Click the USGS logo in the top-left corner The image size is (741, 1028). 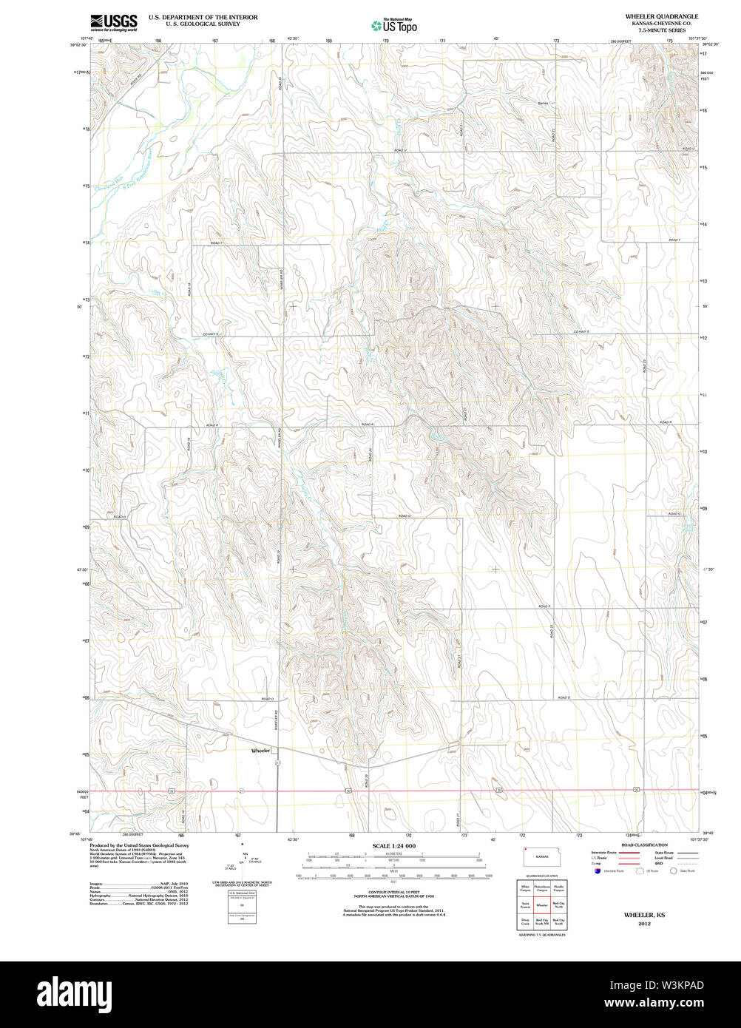point(113,22)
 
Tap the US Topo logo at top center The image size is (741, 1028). point(394,26)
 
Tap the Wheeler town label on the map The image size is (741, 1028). point(261,750)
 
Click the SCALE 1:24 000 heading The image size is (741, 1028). point(393,846)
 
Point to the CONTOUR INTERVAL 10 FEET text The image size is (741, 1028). point(393,893)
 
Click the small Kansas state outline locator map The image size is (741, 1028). point(542,856)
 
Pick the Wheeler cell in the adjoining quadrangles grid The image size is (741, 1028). point(542,904)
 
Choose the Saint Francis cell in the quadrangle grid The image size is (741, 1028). point(525,904)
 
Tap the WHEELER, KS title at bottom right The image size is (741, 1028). point(644,915)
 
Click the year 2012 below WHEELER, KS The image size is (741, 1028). point(644,924)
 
